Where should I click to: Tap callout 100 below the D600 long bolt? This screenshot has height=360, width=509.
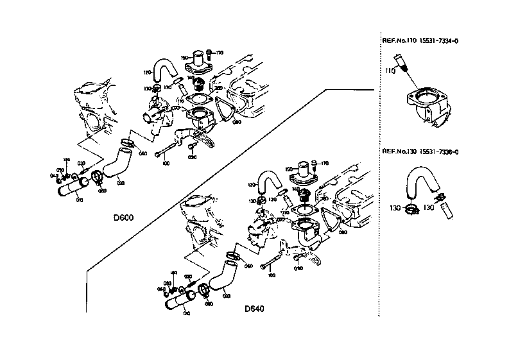tap(166, 164)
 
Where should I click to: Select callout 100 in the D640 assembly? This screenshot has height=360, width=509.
tap(272, 275)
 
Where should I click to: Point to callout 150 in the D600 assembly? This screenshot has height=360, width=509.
tap(184, 57)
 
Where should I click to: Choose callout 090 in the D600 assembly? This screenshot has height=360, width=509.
tap(191, 156)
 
